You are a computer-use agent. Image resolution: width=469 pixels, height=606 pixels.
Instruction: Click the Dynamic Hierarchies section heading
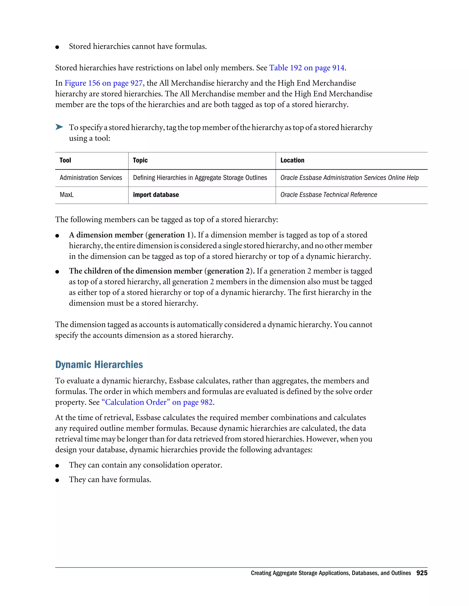pyautogui.click(x=99, y=365)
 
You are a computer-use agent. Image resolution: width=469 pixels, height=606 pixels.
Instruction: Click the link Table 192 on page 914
pyautogui.click(x=307, y=68)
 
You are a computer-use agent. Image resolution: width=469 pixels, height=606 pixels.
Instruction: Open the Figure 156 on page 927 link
pyautogui.click(x=103, y=83)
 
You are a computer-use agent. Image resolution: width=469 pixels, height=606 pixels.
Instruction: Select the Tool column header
pyautogui.click(x=65, y=160)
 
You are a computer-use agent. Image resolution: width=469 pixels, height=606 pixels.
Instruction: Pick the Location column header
pyautogui.click(x=292, y=160)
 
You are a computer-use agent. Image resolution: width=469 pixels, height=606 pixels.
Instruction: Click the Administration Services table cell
pyautogui.click(x=91, y=178)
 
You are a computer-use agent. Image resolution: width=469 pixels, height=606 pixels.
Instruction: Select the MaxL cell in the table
pyautogui.click(x=67, y=195)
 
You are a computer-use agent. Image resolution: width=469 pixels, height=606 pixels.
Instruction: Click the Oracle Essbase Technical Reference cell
pyautogui.click(x=328, y=195)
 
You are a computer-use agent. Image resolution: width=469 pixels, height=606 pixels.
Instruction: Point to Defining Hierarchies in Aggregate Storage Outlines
pyautogui.click(x=200, y=178)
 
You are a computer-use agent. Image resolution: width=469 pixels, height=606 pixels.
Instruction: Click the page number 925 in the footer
pyautogui.click(x=422, y=573)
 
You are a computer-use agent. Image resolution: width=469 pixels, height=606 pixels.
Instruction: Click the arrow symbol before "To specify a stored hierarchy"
pyautogui.click(x=59, y=127)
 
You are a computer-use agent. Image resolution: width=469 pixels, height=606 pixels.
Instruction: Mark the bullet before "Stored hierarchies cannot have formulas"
pyautogui.click(x=57, y=47)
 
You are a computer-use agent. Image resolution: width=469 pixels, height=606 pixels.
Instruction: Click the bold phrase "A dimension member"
pyautogui.click(x=106, y=235)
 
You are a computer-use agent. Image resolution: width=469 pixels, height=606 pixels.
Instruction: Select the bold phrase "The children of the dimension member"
pyautogui.click(x=136, y=271)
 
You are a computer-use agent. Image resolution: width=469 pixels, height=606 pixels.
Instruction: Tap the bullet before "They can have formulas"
pyautogui.click(x=57, y=480)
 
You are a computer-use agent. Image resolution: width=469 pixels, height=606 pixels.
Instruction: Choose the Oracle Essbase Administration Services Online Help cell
pyautogui.click(x=349, y=178)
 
